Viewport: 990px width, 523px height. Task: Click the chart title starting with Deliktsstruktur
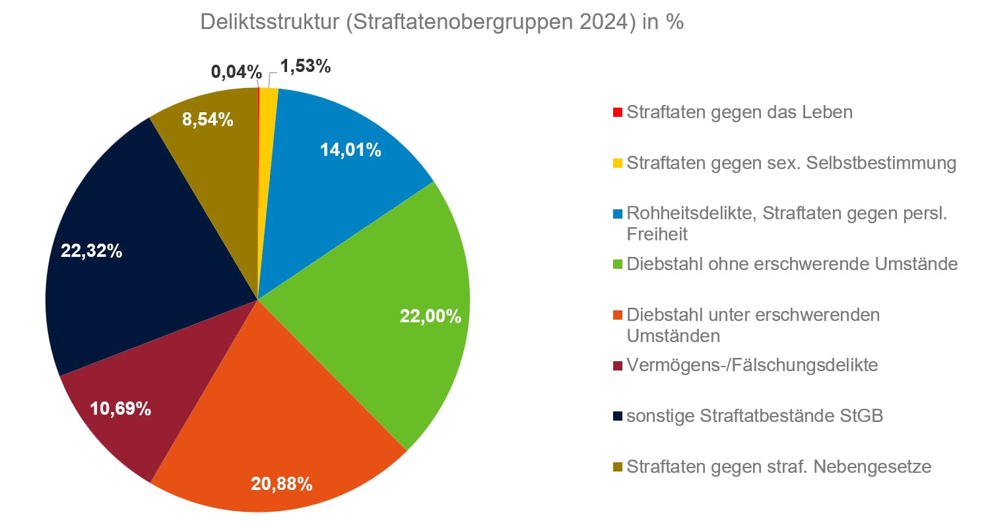pos(442,22)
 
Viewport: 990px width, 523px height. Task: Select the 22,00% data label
pos(430,316)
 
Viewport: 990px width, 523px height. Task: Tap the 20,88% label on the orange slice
pos(281,484)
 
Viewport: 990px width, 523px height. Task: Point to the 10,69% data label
pos(121,409)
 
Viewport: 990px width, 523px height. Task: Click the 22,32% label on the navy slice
pos(91,251)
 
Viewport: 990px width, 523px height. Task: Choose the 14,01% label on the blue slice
pos(350,150)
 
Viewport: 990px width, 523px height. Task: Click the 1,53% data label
pos(306,66)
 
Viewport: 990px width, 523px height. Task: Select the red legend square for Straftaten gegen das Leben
pos(618,113)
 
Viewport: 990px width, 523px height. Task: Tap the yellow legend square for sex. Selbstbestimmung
pos(618,164)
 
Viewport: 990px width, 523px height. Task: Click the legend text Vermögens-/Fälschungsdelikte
pos(752,365)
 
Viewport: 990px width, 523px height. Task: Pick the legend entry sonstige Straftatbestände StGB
pos(754,416)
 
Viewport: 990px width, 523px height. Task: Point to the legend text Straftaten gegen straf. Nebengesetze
pos(779,467)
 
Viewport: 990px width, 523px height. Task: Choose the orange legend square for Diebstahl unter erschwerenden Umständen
pos(618,316)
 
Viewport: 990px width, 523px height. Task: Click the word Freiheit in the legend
pos(657,234)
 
